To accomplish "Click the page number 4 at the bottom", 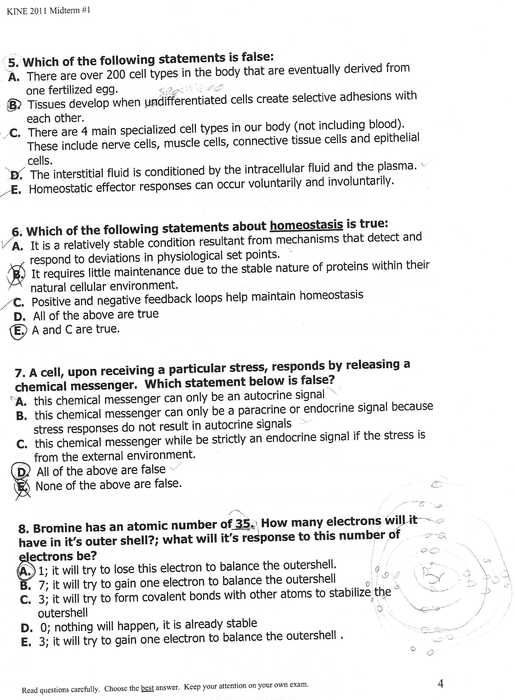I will [x=440, y=684].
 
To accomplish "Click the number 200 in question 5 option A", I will [x=115, y=75].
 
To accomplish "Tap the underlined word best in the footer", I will [x=147, y=688].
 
